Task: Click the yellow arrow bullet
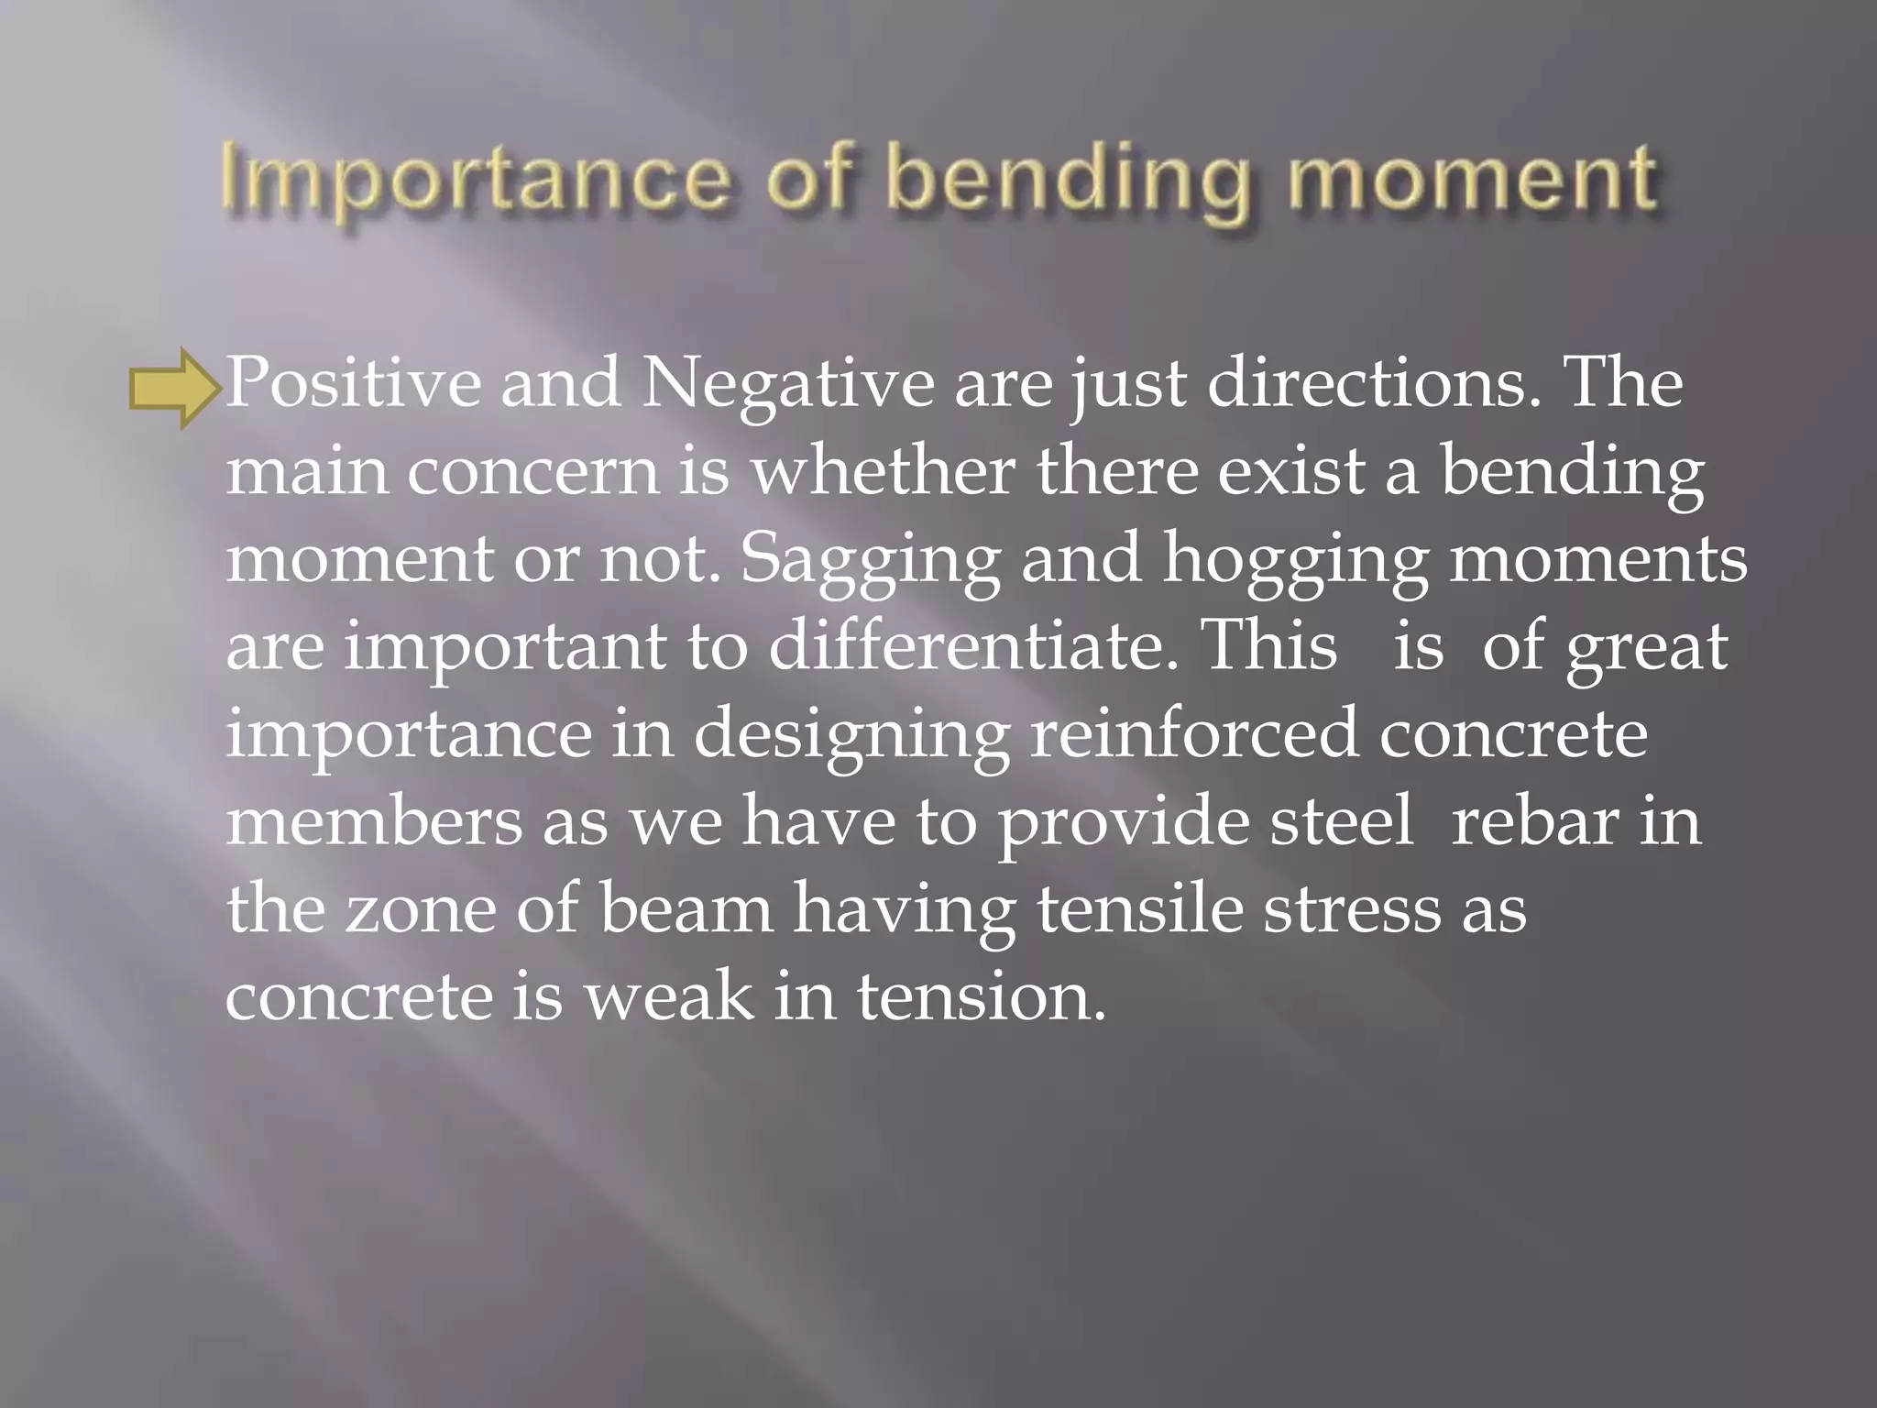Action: pyautogui.click(x=174, y=388)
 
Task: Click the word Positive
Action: pyautogui.click(x=353, y=383)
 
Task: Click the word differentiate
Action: pyautogui.click(x=972, y=646)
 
